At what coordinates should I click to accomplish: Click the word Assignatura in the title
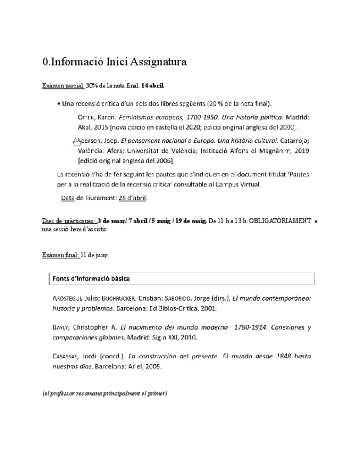pyautogui.click(x=157, y=62)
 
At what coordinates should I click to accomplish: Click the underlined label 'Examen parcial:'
pyautogui.click(x=63, y=86)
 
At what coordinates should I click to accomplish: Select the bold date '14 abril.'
pyautogui.click(x=152, y=86)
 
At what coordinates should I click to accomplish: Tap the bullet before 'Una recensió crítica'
pyautogui.click(x=59, y=104)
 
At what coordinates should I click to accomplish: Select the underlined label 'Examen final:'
pyautogui.click(x=60, y=255)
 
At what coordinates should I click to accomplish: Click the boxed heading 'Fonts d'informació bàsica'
pyautogui.click(x=91, y=279)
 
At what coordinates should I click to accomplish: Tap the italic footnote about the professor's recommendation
pyautogui.click(x=105, y=393)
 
